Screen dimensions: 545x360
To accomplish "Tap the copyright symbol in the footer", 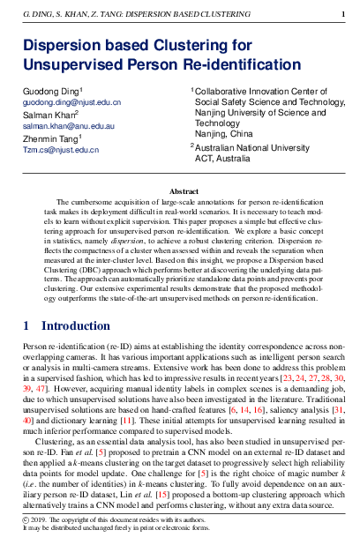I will click(x=26, y=520).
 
